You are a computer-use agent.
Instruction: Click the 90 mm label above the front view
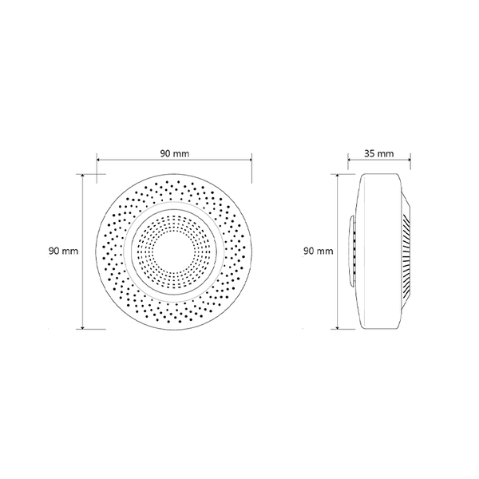174,153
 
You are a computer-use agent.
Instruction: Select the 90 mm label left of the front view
64,251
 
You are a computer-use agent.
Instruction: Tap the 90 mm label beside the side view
319,251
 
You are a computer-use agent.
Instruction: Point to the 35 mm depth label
378,153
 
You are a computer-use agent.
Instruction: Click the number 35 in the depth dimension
370,153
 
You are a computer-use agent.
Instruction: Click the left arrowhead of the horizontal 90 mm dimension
99,159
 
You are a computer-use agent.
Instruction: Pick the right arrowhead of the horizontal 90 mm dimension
250,159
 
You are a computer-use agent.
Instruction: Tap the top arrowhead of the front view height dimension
82,176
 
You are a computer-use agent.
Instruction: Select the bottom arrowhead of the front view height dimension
82,327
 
